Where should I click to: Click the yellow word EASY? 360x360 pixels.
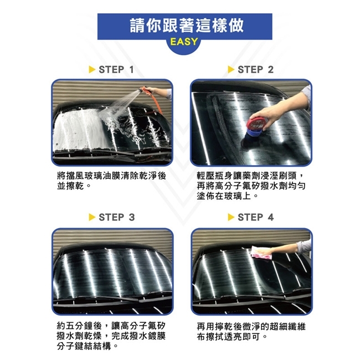click(184, 42)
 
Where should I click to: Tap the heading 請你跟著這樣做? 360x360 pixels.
click(187, 25)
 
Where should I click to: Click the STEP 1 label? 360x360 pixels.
click(116, 70)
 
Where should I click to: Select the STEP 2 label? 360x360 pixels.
click(255, 70)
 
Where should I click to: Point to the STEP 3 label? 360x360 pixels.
click(117, 217)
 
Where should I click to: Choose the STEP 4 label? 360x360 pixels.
click(255, 217)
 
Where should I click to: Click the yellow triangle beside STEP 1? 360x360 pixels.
click(92, 70)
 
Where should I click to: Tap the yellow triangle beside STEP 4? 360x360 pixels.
click(231, 217)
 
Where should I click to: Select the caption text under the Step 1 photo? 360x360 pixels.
click(111, 181)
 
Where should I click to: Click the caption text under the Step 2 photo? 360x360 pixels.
click(251, 186)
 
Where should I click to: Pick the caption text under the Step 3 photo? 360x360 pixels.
click(111, 336)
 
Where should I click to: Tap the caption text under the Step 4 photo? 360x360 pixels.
click(251, 331)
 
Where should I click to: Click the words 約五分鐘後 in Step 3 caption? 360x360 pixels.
click(79, 326)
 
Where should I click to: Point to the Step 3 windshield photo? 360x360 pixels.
click(112, 271)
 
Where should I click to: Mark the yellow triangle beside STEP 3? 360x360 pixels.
click(92, 217)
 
